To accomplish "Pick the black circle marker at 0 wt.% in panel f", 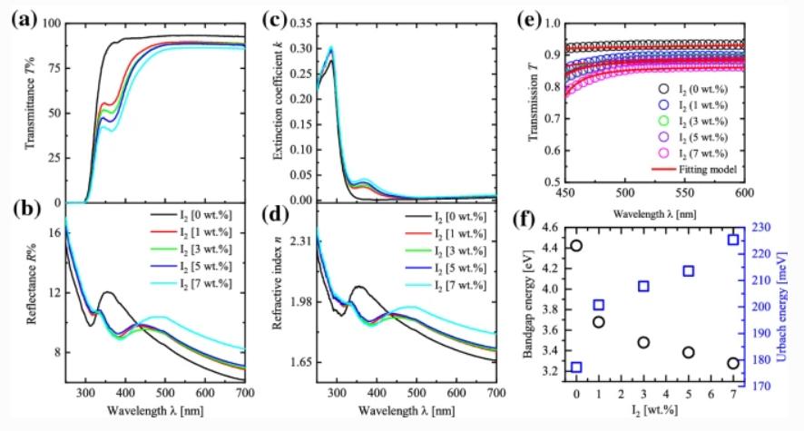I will [576, 245].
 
